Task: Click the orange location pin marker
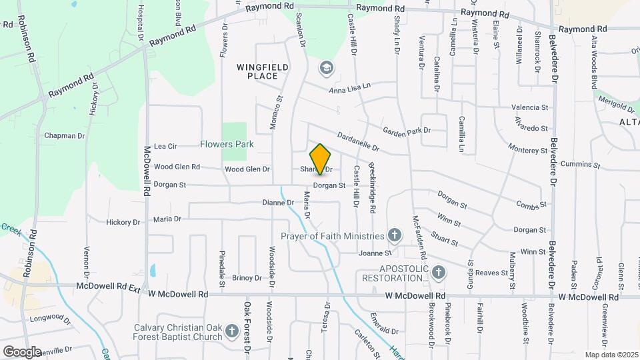click(x=321, y=159)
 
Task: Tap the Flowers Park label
click(x=227, y=144)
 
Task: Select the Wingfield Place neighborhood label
click(x=257, y=71)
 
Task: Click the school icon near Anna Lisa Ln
click(x=326, y=67)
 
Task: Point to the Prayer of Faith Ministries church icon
click(x=395, y=235)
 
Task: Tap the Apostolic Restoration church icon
click(x=438, y=271)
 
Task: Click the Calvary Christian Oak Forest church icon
click(x=231, y=331)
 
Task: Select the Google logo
click(x=22, y=351)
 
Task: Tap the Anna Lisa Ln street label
click(x=349, y=89)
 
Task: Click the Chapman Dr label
click(x=65, y=136)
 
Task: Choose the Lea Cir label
click(x=165, y=146)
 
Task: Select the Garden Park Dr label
click(x=407, y=131)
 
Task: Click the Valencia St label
click(x=529, y=107)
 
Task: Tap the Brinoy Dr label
click(x=247, y=278)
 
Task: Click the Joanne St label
click(x=374, y=253)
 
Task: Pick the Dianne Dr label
click(x=277, y=203)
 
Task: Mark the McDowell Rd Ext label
click(x=109, y=286)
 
